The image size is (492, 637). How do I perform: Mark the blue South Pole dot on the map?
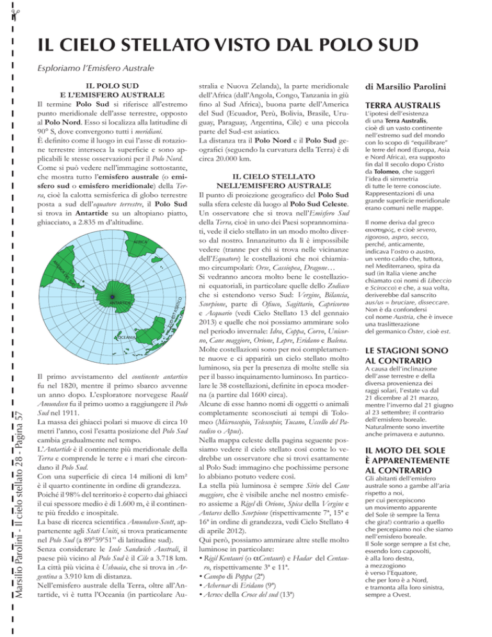tap(112, 297)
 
